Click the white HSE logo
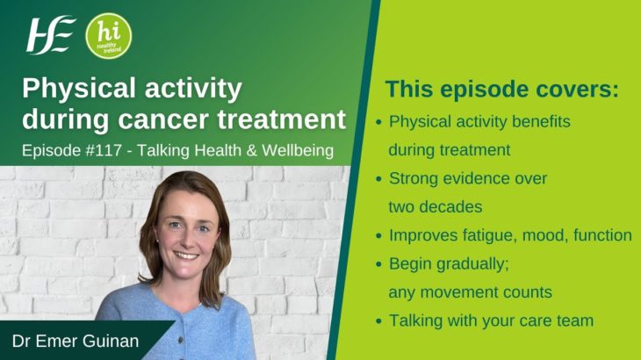tap(50, 35)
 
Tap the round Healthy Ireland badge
tap(109, 35)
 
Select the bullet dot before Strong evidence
tap(378, 179)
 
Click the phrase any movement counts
tap(472, 292)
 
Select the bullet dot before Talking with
tap(378, 321)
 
